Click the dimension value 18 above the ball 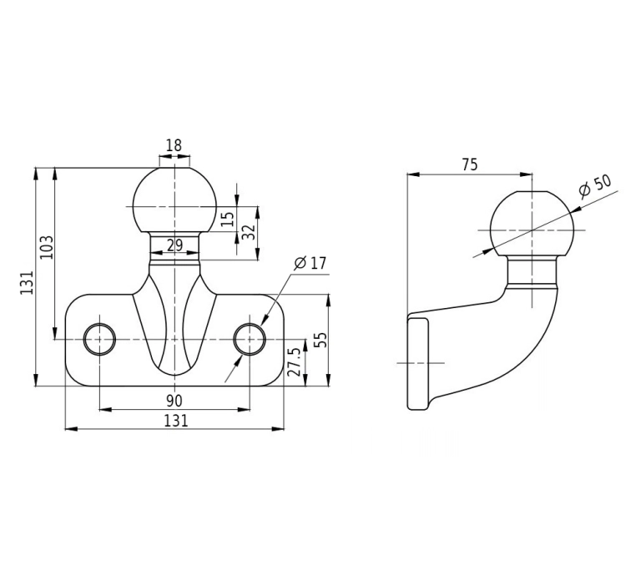pyautogui.click(x=174, y=145)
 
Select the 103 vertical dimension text pyautogui.click(x=46, y=246)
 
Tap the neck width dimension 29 pyautogui.click(x=174, y=245)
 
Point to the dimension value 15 pyautogui.click(x=229, y=220)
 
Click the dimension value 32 pyautogui.click(x=250, y=232)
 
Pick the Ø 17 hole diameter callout pyautogui.click(x=310, y=263)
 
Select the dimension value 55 pyautogui.click(x=322, y=340)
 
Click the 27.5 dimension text pyautogui.click(x=294, y=361)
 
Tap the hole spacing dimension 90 pyautogui.click(x=174, y=401)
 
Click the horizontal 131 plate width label pyautogui.click(x=176, y=421)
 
